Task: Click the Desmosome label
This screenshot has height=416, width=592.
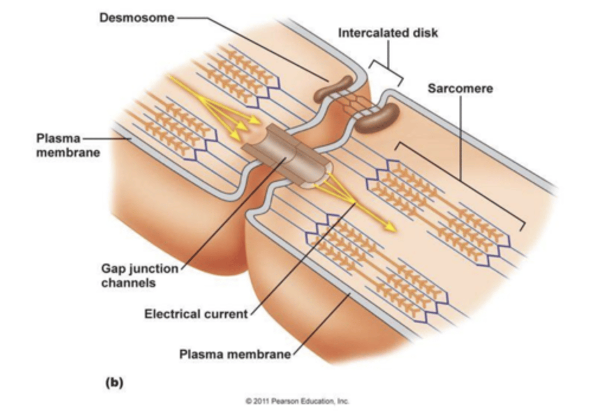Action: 136,18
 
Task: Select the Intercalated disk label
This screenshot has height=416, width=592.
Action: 388,33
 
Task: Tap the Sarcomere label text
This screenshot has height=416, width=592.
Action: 460,88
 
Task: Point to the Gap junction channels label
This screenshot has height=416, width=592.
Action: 139,276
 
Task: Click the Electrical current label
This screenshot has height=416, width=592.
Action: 196,314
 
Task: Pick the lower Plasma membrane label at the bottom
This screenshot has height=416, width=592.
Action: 235,354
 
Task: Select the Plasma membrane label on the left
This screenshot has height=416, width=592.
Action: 68,145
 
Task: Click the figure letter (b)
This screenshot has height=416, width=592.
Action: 114,382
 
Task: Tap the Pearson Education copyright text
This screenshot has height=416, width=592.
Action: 297,401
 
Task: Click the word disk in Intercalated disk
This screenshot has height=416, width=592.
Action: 425,33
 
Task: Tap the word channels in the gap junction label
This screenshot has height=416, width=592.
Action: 128,283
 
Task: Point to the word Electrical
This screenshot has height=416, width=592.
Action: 171,314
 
